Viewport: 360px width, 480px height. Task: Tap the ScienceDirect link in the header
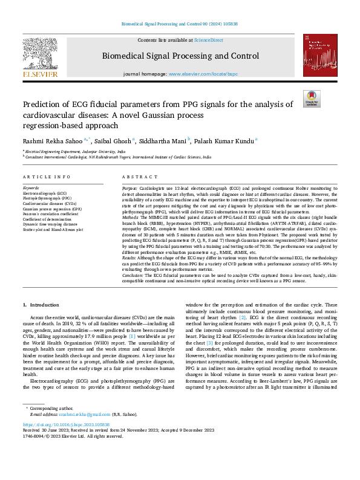pyautogui.click(x=208, y=40)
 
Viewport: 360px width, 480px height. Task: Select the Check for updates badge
pyautogui.click(x=311, y=99)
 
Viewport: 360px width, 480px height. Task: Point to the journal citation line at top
pyautogui.click(x=180, y=25)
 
